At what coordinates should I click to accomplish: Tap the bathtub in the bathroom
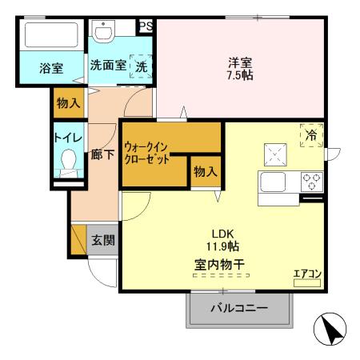(x=50, y=37)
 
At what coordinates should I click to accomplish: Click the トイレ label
(x=66, y=138)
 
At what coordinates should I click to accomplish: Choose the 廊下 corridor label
(x=102, y=154)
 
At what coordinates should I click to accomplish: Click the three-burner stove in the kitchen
(x=310, y=181)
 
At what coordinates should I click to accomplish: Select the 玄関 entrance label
(x=101, y=239)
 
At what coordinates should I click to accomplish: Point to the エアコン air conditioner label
(x=307, y=275)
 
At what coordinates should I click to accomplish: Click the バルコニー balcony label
(x=238, y=307)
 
